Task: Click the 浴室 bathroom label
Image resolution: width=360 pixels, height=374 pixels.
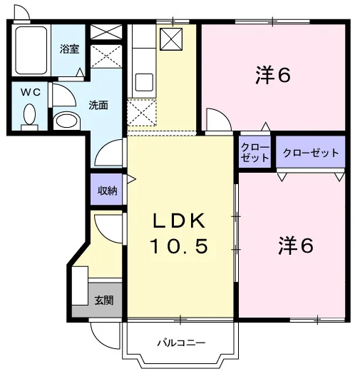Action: (69, 49)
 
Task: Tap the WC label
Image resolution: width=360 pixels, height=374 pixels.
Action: (31, 92)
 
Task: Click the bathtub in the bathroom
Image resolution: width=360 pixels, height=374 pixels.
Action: (31, 51)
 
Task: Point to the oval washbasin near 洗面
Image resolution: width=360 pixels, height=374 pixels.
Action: (66, 122)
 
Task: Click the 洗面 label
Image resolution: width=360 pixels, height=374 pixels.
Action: (98, 105)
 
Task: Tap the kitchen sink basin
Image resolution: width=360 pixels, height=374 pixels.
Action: (145, 83)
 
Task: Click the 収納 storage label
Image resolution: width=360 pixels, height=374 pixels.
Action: (108, 191)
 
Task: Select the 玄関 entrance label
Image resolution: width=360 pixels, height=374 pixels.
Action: (104, 300)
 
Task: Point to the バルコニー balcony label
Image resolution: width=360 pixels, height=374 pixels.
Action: (181, 343)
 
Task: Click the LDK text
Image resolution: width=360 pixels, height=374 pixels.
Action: (179, 221)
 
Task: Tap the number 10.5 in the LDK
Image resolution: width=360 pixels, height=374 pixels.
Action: (179, 246)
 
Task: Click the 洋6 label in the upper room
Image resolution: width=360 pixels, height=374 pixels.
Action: (273, 75)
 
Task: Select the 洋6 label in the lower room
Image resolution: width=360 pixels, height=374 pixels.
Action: (296, 246)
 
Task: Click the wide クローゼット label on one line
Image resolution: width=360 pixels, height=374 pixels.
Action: (311, 153)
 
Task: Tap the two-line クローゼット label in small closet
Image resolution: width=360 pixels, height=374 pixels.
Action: (255, 153)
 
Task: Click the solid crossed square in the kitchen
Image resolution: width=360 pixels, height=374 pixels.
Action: (171, 39)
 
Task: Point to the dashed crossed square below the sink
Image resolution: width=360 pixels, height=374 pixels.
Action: (142, 113)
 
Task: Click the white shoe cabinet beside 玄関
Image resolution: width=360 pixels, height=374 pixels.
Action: (80, 285)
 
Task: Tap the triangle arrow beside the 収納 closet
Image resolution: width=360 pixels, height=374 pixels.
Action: (131, 179)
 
